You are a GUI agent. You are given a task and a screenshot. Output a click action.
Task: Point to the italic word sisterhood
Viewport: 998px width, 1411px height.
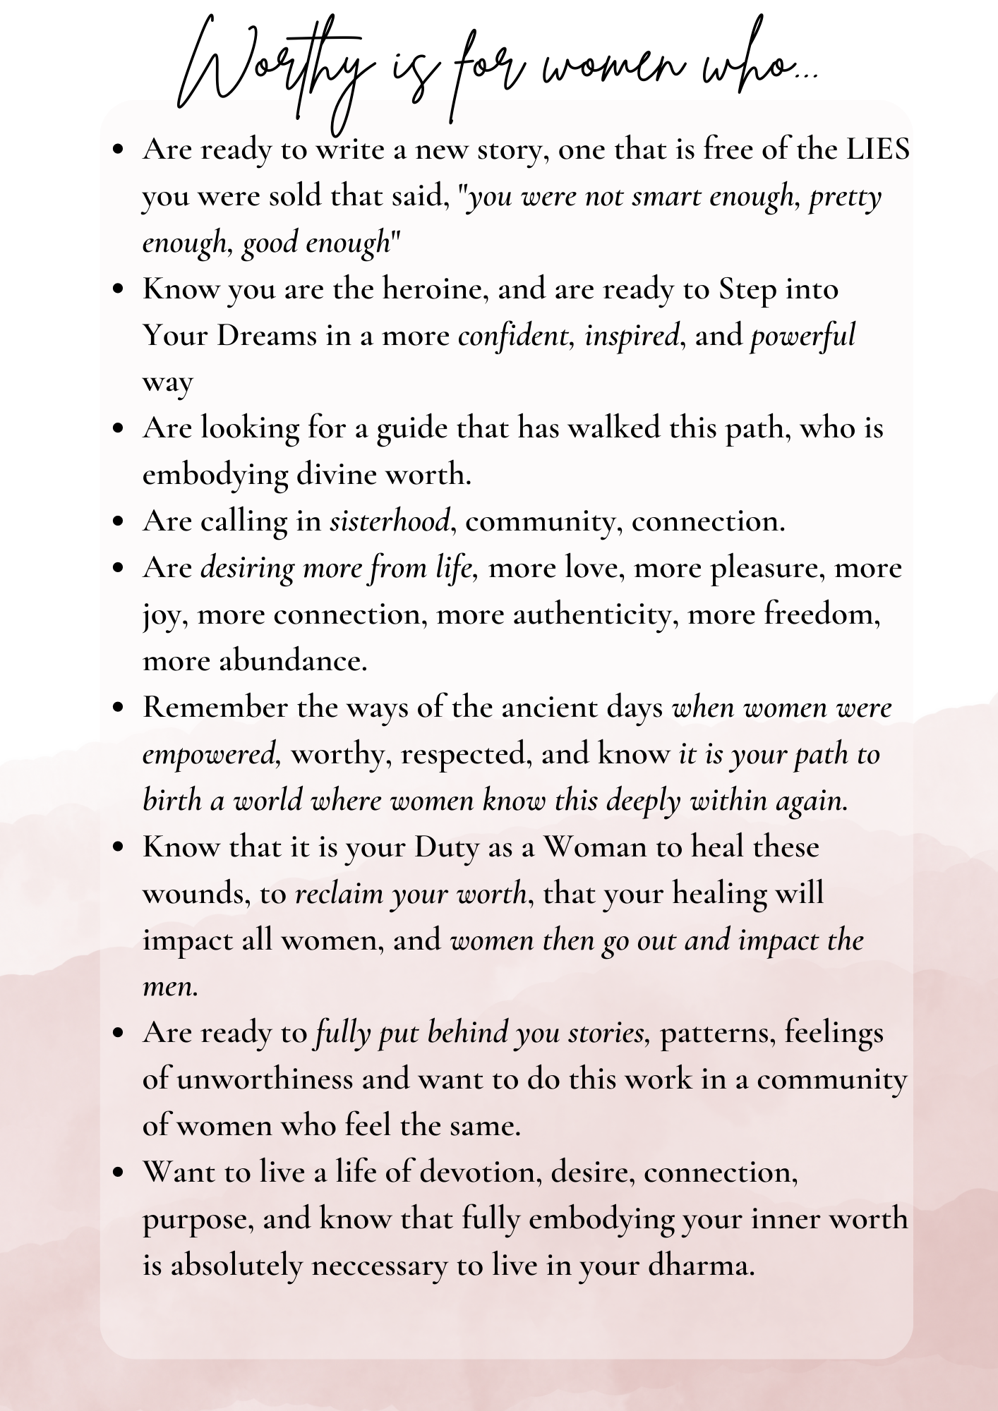coord(390,521)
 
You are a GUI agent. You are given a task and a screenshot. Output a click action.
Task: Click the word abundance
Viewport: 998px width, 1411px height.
coord(293,661)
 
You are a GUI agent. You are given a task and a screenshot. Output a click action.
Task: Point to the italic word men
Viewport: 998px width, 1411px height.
coord(169,986)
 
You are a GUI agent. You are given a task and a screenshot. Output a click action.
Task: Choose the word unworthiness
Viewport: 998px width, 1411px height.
coord(265,1079)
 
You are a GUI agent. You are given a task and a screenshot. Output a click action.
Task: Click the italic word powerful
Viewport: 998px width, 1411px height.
coord(802,336)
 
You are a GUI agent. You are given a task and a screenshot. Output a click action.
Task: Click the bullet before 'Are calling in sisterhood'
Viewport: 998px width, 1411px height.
coord(118,522)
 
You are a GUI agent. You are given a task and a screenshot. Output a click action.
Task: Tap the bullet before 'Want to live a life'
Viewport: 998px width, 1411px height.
coord(118,1173)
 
